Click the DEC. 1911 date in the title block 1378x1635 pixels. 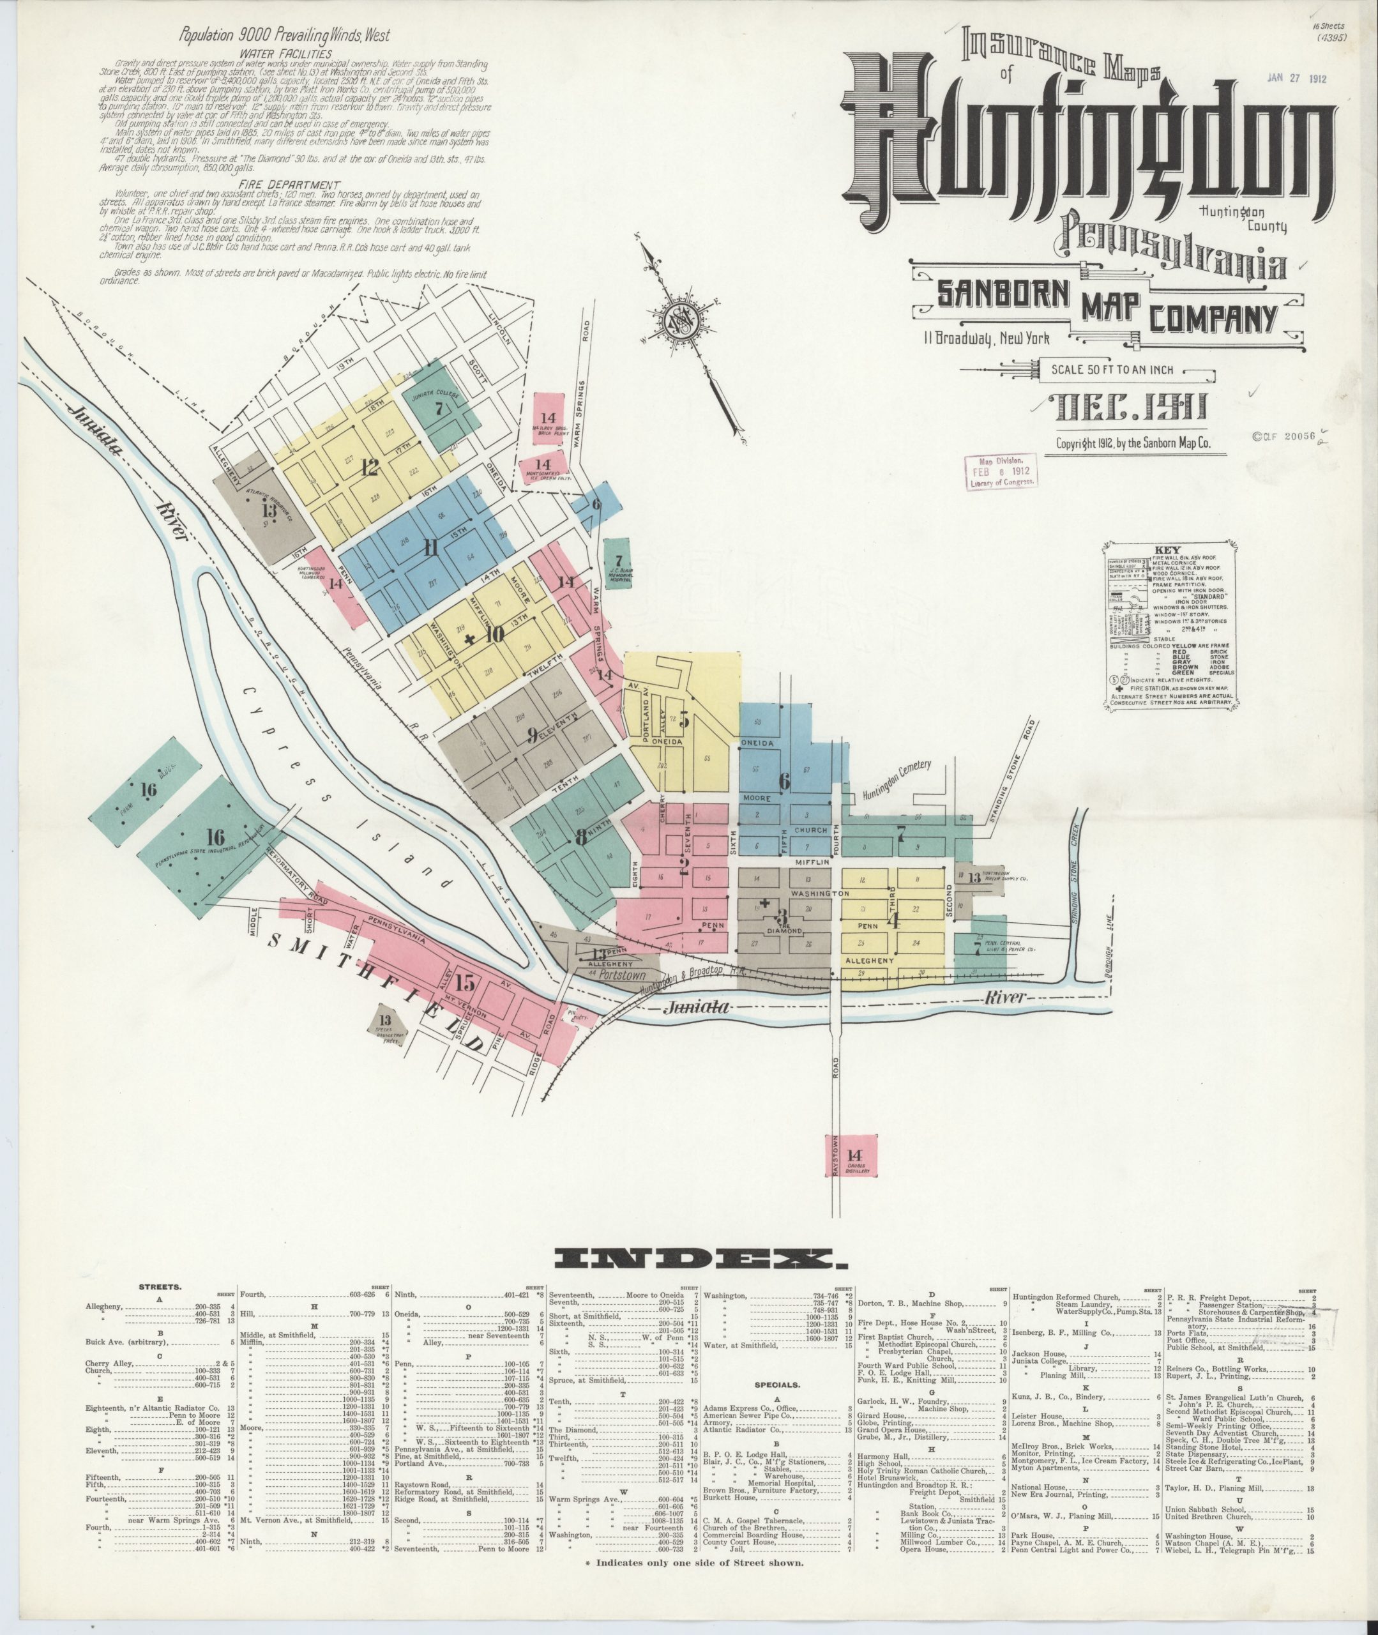pyautogui.click(x=1131, y=407)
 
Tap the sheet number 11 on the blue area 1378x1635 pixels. pyautogui.click(x=430, y=549)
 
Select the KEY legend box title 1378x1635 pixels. pyautogui.click(x=1172, y=549)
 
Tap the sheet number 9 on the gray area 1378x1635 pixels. pyautogui.click(x=533, y=734)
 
